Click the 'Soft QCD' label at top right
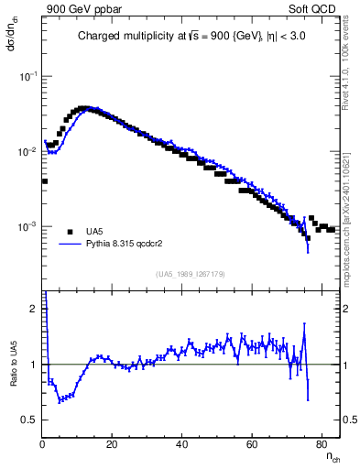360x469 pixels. (x=314, y=9)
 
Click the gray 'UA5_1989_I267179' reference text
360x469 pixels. (x=191, y=274)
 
